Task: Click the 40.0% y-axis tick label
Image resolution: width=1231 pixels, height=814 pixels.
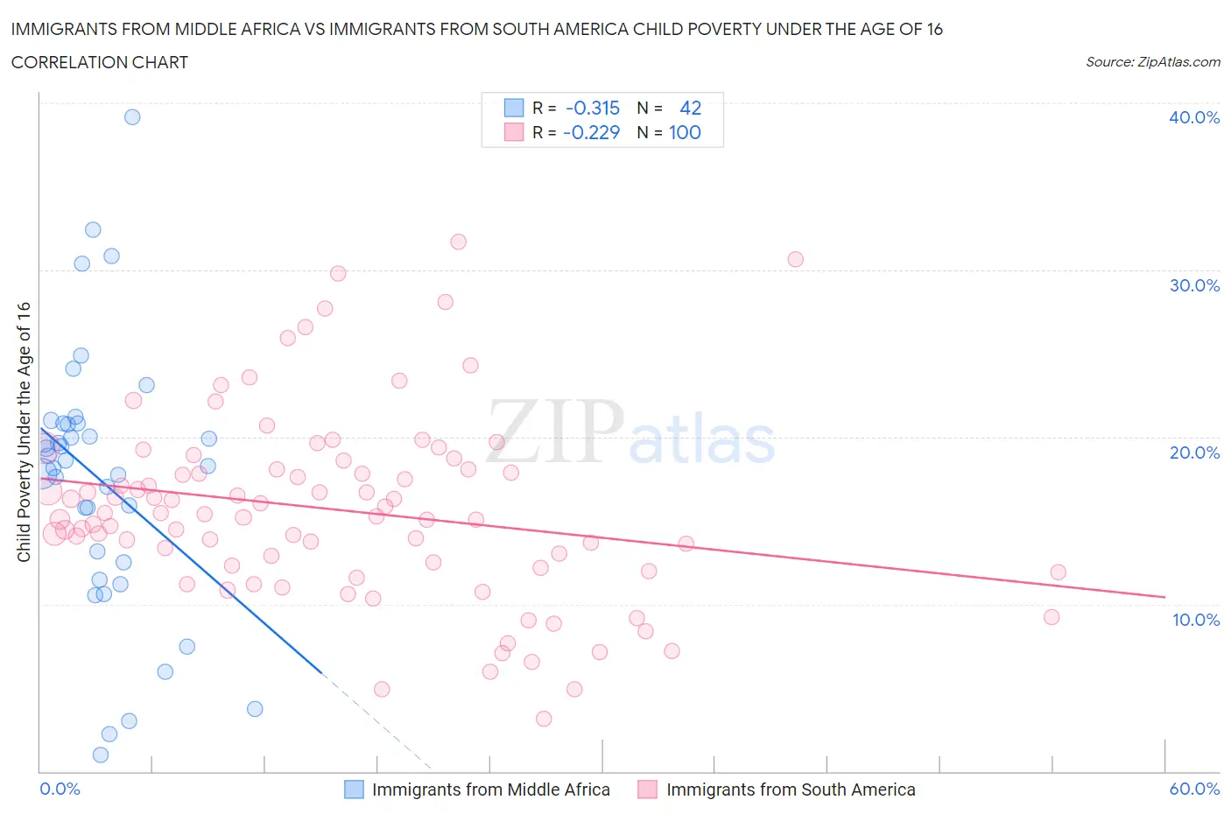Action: (1193, 117)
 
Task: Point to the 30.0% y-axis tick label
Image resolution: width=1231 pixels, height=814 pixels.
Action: (1193, 285)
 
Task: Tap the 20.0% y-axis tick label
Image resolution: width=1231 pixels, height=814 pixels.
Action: (1193, 453)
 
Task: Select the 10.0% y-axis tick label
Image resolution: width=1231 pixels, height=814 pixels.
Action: (1195, 620)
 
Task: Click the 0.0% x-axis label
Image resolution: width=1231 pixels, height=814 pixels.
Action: (60, 789)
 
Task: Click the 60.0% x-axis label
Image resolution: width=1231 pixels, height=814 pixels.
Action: (1194, 789)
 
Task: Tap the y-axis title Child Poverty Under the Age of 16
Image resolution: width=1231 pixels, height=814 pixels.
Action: (24, 432)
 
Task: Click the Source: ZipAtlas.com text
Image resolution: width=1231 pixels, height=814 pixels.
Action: (1152, 62)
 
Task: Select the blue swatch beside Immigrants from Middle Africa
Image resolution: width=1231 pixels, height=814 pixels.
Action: (354, 789)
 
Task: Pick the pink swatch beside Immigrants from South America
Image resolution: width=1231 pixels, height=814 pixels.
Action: (648, 789)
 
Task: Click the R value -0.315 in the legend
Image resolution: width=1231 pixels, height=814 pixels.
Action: (593, 108)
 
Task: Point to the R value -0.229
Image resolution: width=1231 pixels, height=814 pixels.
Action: (592, 132)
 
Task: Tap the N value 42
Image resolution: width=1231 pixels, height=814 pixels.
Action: (690, 108)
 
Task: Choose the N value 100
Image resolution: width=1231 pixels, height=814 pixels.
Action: (685, 132)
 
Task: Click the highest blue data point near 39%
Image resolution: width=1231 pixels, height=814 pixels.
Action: (132, 117)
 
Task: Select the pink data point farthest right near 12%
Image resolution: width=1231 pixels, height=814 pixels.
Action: (1058, 572)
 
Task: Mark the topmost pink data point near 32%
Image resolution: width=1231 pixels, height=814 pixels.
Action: (458, 242)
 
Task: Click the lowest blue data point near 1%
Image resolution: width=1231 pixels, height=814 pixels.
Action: (101, 754)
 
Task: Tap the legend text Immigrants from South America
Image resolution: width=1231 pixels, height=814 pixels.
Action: (791, 789)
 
